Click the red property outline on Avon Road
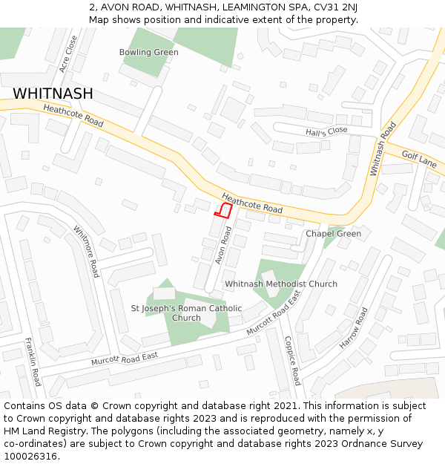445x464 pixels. click(x=223, y=209)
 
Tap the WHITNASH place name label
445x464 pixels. click(x=53, y=94)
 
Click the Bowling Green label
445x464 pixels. click(x=149, y=52)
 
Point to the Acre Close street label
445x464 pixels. click(x=68, y=53)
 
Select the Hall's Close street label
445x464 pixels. click(x=326, y=131)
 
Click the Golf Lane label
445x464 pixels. click(x=419, y=158)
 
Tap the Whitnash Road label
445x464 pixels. click(x=378, y=148)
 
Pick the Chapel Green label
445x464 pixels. click(x=333, y=234)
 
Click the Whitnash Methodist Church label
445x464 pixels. click(x=281, y=284)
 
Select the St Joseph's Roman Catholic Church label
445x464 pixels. click(x=186, y=313)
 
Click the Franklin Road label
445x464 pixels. click(x=33, y=362)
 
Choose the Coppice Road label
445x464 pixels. click(x=291, y=360)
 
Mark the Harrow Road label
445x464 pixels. click(x=353, y=328)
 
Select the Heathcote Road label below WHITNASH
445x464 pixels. click(x=73, y=115)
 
